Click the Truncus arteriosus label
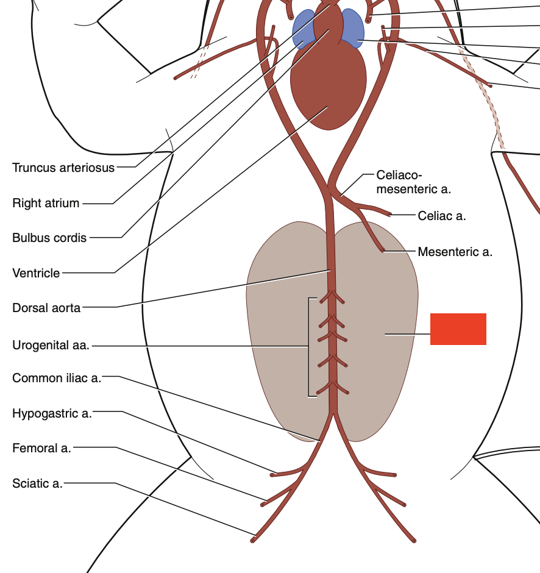click(x=63, y=168)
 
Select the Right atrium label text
click(x=46, y=203)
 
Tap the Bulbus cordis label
click(x=49, y=238)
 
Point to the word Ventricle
click(x=36, y=273)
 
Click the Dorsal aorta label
click(x=46, y=308)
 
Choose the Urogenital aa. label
click(x=51, y=346)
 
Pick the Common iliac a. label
click(x=57, y=378)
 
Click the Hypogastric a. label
click(x=52, y=414)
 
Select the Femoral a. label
click(x=41, y=449)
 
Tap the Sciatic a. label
click(x=37, y=483)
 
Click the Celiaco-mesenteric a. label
click(x=413, y=182)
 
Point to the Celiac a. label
click(x=442, y=216)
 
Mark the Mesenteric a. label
click(x=455, y=251)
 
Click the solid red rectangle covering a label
click(x=458, y=329)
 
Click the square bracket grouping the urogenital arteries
click(x=310, y=347)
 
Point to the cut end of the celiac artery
click(x=390, y=215)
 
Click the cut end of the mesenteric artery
click(x=383, y=250)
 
